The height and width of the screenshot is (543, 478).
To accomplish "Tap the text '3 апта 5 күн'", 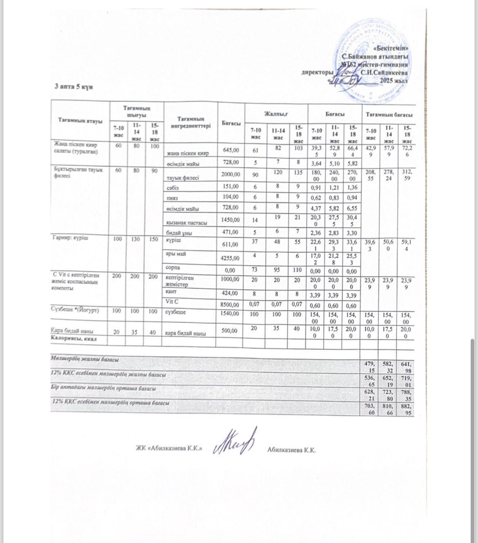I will pyautogui.click(x=75, y=87).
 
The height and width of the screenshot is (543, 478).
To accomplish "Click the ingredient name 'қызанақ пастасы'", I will pyautogui.click(x=187, y=223).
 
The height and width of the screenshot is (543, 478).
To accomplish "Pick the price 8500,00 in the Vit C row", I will pyautogui.click(x=230, y=304).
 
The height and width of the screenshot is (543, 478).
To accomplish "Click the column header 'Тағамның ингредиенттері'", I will pyautogui.click(x=191, y=122).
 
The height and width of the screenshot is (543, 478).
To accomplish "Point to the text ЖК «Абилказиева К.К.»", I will pyautogui.click(x=169, y=449).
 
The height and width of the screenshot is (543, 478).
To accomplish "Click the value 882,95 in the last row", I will pyautogui.click(x=407, y=410).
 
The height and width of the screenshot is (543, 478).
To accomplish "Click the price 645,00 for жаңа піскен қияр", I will pyautogui.click(x=230, y=150).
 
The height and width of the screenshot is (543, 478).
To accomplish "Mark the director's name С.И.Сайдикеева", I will pyautogui.click(x=384, y=72).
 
